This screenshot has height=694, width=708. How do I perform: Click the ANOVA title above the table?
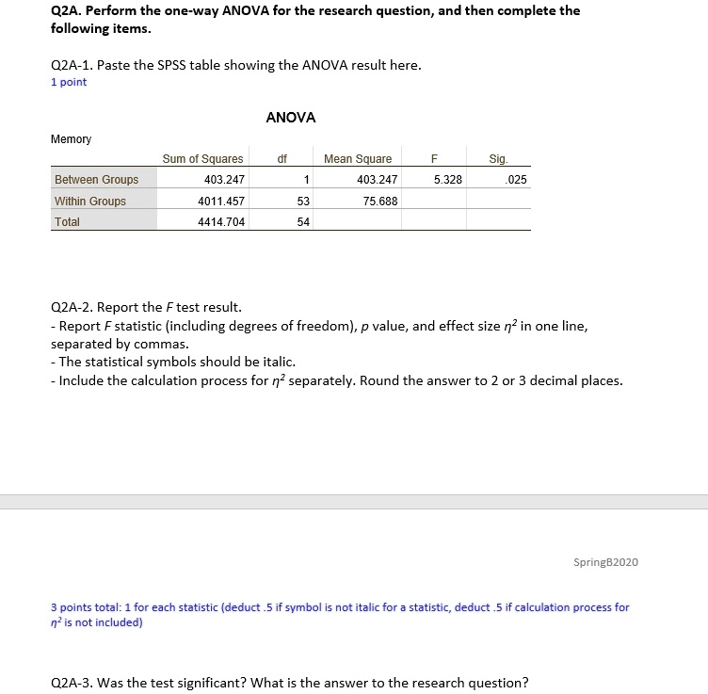[291, 118]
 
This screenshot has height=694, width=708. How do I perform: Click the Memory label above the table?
[71, 139]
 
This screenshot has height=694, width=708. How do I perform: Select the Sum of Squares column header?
[202, 159]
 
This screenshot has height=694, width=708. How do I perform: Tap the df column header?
[282, 159]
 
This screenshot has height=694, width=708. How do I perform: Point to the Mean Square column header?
[358, 159]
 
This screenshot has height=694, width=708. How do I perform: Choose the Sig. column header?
[498, 159]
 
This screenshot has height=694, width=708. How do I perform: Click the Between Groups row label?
[96, 180]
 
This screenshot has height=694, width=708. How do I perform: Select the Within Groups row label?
[90, 201]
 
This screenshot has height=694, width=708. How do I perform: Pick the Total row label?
[67, 222]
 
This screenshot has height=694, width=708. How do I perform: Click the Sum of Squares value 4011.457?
[221, 201]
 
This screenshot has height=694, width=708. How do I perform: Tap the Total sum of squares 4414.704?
[221, 222]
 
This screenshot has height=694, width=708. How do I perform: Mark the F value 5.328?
[447, 180]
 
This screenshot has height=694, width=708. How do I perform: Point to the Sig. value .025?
[517, 180]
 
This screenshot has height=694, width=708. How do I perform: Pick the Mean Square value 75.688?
[379, 201]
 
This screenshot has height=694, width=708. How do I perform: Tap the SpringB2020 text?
[605, 562]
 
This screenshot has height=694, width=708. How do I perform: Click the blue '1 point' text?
[68, 82]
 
